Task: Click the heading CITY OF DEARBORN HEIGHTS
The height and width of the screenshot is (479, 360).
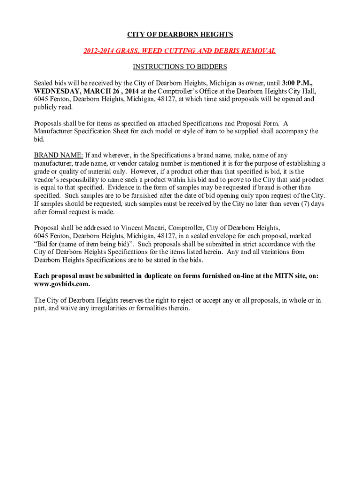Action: click(180, 35)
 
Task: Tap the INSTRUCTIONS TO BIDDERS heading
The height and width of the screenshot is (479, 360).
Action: click(180, 67)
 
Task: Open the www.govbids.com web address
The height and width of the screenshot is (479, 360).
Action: click(62, 284)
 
